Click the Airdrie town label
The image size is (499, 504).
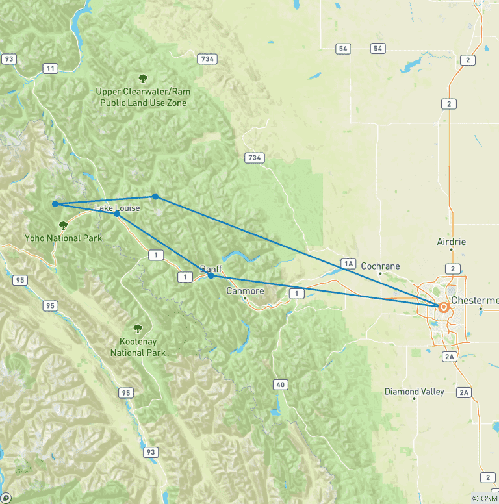[x=452, y=242]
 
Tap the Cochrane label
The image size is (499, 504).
[x=380, y=266]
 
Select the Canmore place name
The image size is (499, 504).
[x=245, y=291]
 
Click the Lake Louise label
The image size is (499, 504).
[x=118, y=208]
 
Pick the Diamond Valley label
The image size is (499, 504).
[x=414, y=392]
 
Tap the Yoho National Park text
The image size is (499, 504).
[x=64, y=238]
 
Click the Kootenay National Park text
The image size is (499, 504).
[x=138, y=347]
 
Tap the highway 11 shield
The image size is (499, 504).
[x=50, y=68]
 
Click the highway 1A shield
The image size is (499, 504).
[x=349, y=263]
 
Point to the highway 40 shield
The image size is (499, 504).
[x=280, y=385]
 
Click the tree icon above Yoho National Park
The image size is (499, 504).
[x=64, y=225]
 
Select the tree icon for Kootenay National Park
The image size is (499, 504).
[x=138, y=329]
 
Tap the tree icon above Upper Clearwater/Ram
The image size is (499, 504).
[x=142, y=79]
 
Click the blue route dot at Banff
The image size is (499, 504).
[x=211, y=276]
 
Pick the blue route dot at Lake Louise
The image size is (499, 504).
[x=117, y=214]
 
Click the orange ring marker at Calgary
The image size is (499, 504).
[x=444, y=307]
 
